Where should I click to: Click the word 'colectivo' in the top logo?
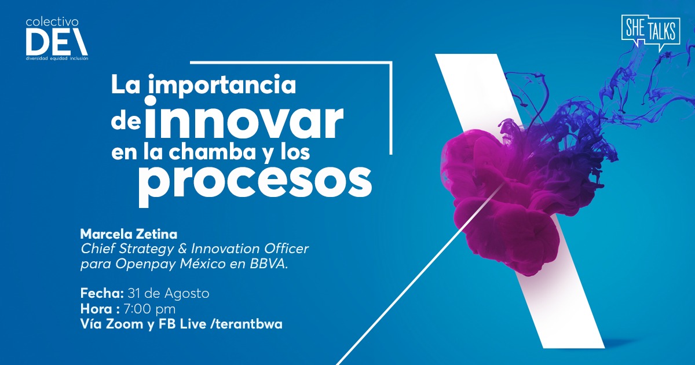(52, 22)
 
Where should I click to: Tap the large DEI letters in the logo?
(56, 42)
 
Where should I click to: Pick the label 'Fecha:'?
(98, 294)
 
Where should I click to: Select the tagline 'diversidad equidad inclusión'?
(57, 59)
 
